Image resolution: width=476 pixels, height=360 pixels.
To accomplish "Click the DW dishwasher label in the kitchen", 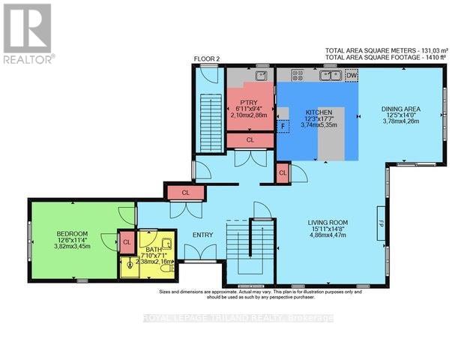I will coord(352,75).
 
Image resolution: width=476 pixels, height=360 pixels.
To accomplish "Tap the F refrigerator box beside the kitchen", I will coord(283,126).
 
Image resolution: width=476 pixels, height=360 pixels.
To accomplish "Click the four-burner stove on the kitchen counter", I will coord(297,75).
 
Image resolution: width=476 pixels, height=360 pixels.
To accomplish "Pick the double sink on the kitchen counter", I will coord(331,75).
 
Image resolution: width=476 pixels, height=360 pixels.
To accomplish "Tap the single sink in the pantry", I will coord(260,75).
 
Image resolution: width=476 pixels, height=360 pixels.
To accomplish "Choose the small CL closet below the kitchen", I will coord(283,172).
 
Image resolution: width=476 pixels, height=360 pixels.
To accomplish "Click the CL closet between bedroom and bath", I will coord(127,241).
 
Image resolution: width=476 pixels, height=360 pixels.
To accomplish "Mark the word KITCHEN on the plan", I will coord(317,112).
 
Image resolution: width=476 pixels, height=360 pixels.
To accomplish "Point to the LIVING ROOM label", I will coord(331,222).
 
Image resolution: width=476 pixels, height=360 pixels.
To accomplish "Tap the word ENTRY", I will coord(203,235).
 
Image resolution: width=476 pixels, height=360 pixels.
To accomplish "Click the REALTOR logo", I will coord(27,33).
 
